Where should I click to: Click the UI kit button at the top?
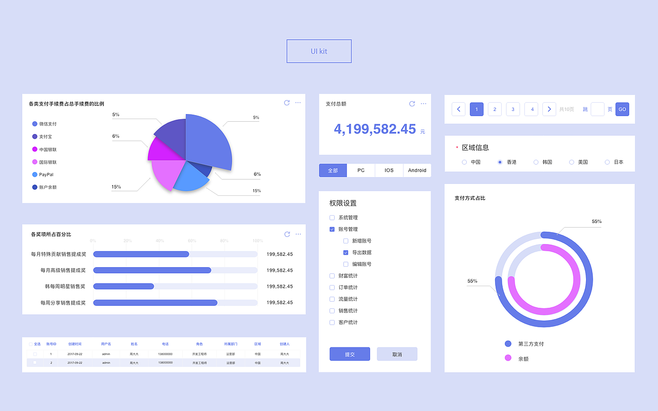[319, 51]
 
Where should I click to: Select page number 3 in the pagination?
[513, 109]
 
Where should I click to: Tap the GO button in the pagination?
[622, 109]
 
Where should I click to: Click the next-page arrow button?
[549, 109]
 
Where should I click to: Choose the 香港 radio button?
[500, 162]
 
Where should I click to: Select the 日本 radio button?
[607, 162]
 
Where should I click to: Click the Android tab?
[417, 171]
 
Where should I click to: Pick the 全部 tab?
[333, 171]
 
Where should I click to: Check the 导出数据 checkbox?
[346, 253]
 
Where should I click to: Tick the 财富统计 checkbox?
[332, 276]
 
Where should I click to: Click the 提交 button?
[350, 354]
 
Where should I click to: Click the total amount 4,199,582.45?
[375, 129]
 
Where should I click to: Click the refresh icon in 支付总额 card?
[412, 104]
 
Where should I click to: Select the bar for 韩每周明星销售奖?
[123, 286]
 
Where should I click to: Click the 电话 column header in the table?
[165, 344]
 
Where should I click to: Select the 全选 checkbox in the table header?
[31, 344]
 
